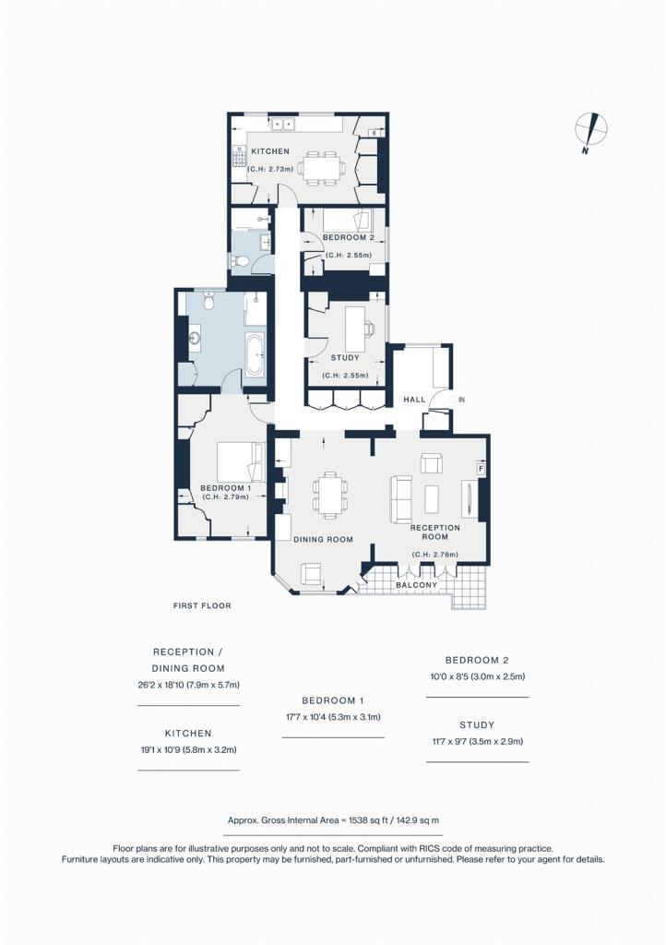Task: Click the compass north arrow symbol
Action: point(591,131)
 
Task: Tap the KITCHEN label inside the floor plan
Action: point(270,151)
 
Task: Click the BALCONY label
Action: point(417,585)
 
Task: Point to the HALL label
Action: point(414,400)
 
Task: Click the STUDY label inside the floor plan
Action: point(345,358)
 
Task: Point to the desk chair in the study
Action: point(369,329)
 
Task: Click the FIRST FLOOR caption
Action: point(202,605)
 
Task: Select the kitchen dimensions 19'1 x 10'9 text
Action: point(188,750)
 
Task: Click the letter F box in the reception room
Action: point(482,469)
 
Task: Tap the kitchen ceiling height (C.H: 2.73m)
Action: point(270,170)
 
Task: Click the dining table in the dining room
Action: point(330,496)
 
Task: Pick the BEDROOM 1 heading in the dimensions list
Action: point(333,701)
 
